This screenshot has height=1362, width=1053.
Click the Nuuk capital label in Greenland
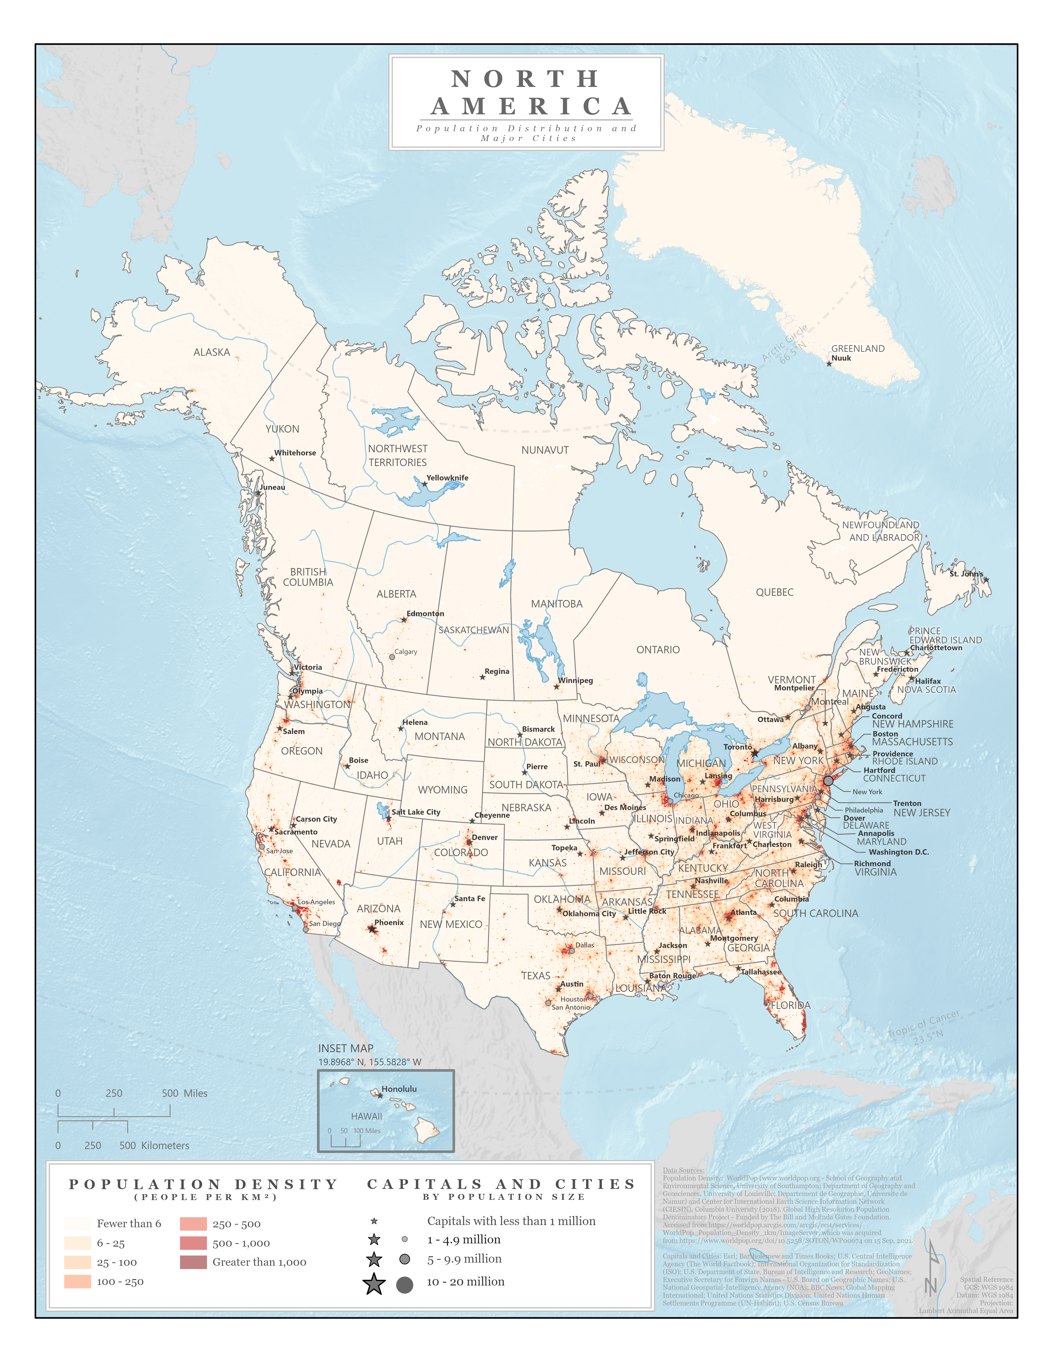(x=841, y=358)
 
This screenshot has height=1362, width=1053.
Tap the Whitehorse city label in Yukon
(x=295, y=453)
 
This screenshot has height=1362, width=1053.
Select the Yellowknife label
(x=447, y=478)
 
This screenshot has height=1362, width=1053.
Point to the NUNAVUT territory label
(x=545, y=450)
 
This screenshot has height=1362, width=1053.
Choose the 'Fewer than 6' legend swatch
(x=77, y=1224)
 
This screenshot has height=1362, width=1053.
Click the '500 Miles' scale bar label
(x=185, y=1093)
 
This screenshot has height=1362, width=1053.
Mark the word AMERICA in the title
(x=531, y=107)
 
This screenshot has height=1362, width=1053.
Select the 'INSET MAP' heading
(x=346, y=1048)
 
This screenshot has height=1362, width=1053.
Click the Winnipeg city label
(x=575, y=680)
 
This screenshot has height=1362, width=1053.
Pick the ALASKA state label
(x=212, y=352)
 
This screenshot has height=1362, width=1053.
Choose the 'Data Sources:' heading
(x=683, y=1171)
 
